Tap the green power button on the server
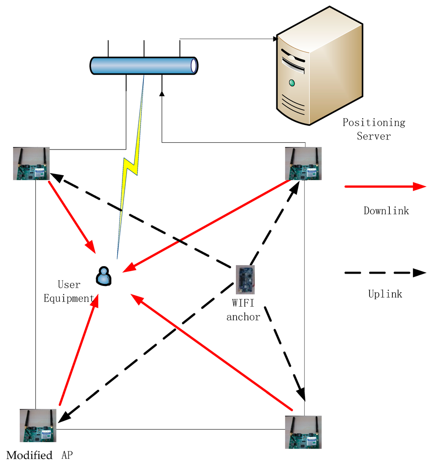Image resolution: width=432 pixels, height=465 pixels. click(292, 83)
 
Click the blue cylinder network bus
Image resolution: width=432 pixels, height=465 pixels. click(144, 66)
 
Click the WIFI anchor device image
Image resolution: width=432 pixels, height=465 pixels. click(245, 280)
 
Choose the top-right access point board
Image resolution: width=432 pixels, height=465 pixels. click(303, 164)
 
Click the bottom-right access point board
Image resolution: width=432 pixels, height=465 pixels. click(303, 432)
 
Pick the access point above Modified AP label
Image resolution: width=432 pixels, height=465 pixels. click(38, 425)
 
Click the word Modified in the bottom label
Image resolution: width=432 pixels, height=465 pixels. click(30, 455)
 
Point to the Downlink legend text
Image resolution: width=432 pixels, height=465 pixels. click(386, 210)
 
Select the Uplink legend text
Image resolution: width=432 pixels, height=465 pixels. click(385, 294)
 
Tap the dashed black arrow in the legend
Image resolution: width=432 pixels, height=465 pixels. click(385, 273)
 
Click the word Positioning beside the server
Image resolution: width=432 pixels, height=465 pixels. click(374, 122)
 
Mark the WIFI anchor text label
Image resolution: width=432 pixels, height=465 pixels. click(243, 310)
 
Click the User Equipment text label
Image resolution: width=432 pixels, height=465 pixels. click(69, 291)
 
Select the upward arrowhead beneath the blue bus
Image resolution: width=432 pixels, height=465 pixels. click(162, 92)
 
